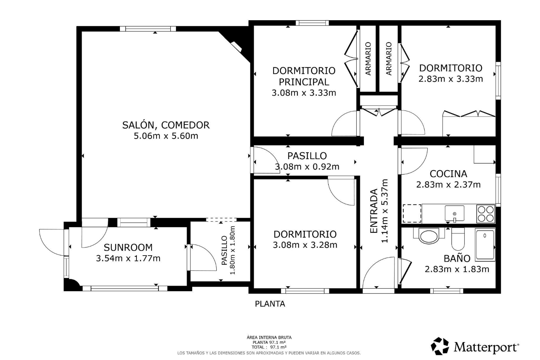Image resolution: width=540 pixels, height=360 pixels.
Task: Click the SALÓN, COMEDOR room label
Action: pos(166,125)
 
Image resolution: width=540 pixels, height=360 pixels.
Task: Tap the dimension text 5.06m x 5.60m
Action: pos(166,136)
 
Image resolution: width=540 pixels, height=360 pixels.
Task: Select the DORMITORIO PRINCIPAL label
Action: pos(304,76)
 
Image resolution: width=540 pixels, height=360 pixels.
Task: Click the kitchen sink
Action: pos(454,213)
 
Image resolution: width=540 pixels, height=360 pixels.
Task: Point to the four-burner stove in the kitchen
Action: pos(486,214)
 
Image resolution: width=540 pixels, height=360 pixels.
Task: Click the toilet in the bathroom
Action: pos(458,239)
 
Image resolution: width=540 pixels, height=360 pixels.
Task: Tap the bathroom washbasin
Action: pos(429,236)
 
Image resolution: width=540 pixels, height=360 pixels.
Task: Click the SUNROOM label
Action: pos(128,247)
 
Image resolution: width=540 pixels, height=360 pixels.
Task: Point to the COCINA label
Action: pos(449,174)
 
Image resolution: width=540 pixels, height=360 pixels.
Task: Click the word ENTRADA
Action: pos(374,211)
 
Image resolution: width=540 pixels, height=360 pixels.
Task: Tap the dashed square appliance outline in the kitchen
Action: pos(412,213)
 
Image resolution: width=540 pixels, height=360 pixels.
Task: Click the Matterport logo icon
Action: pos(440,346)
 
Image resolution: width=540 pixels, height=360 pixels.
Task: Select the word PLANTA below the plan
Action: pos(270,304)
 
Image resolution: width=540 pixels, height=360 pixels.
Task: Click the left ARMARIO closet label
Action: pos(368,59)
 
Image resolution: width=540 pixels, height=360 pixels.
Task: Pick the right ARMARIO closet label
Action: pos(389,59)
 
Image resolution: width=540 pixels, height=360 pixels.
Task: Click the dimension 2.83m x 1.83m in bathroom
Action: pos(457,269)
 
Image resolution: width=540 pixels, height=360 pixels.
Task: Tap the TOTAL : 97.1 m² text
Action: pos(269,347)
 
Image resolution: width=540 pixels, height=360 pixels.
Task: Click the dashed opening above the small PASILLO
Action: pos(221,220)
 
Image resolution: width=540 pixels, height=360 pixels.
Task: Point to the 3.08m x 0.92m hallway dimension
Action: pos(307,166)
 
